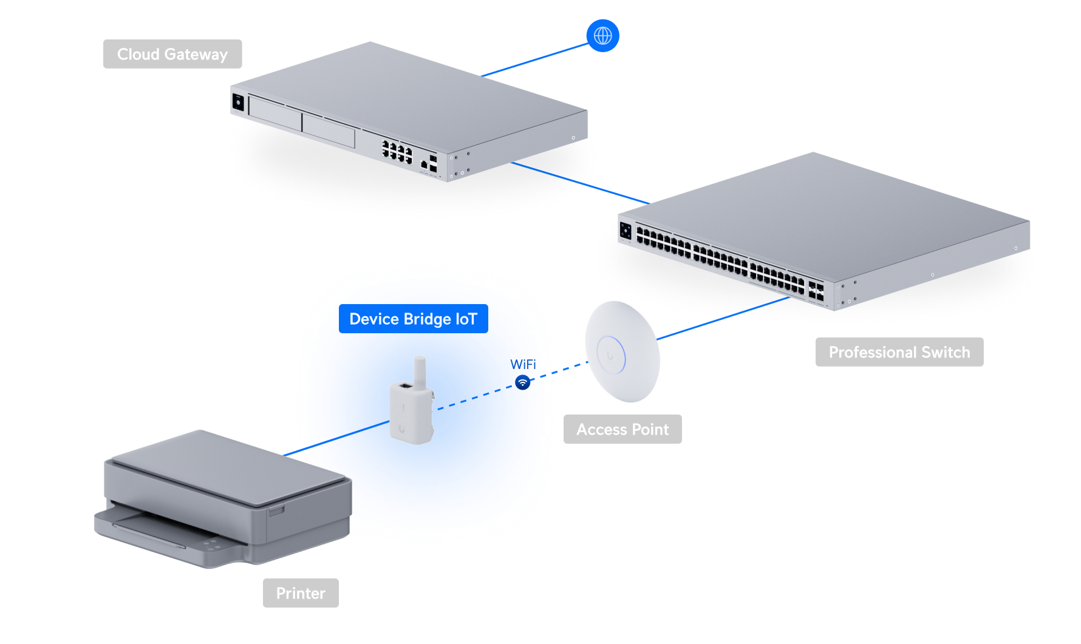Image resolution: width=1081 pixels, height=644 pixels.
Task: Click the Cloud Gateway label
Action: (x=172, y=54)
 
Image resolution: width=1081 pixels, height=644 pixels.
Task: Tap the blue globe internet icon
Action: (x=602, y=36)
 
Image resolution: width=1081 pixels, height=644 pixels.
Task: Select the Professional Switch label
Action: (x=899, y=352)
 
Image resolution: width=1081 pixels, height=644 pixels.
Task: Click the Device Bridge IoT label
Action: (x=414, y=319)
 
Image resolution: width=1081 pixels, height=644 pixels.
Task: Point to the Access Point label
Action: (x=622, y=429)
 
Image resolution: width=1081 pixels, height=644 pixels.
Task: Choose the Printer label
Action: (x=301, y=593)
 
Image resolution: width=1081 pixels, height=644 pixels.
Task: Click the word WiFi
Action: (x=523, y=364)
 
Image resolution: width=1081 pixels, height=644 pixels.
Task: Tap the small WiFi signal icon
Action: (x=522, y=382)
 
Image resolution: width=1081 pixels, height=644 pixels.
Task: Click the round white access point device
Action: (x=622, y=351)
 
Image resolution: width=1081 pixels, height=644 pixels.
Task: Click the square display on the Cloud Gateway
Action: (x=238, y=103)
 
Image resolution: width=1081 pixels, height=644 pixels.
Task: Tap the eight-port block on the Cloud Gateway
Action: (x=397, y=151)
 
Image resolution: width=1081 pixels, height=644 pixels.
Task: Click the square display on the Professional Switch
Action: (x=626, y=231)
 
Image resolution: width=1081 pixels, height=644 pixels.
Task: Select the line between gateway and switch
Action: (x=581, y=183)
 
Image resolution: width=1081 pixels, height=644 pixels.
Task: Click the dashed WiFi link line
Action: (x=513, y=386)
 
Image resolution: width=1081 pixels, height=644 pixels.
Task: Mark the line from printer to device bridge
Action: (x=336, y=438)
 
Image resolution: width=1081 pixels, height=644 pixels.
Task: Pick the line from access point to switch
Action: (x=723, y=318)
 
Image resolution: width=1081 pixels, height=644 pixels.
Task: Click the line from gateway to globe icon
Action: (x=535, y=59)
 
